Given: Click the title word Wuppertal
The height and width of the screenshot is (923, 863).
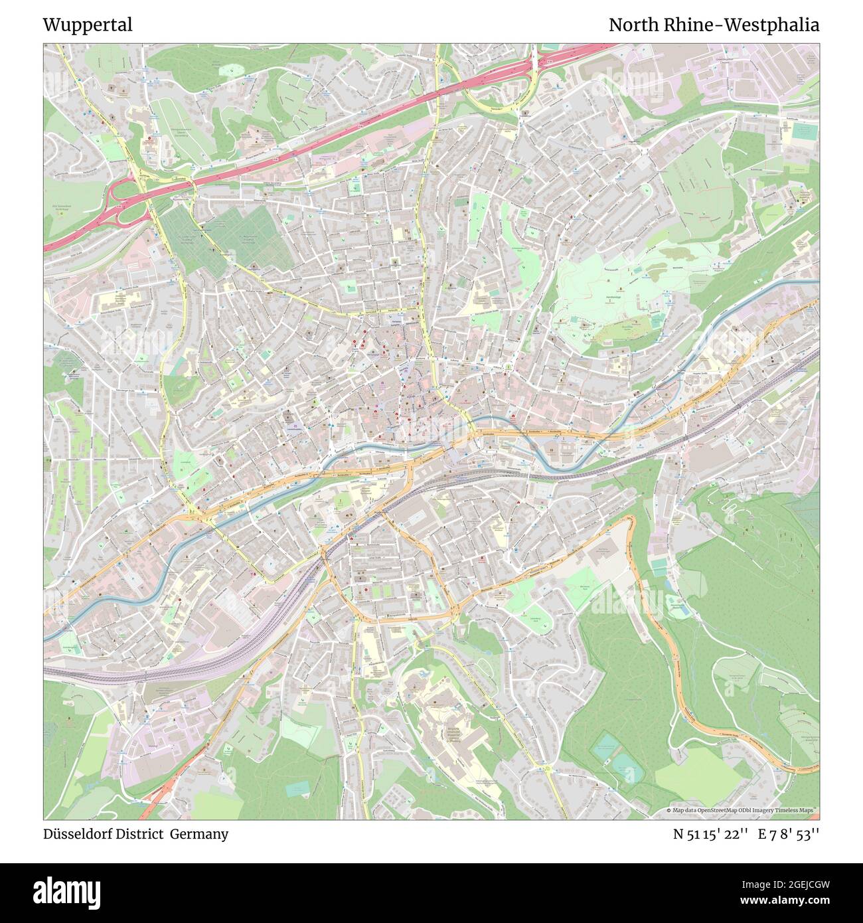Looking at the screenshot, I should click(88, 25).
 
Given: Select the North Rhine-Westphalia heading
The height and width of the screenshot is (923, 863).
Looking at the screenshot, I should click(714, 25).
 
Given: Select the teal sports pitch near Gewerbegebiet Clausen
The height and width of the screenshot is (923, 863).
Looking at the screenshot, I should click(804, 131).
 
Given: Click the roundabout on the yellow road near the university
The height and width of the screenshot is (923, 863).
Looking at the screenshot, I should click(549, 769).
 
